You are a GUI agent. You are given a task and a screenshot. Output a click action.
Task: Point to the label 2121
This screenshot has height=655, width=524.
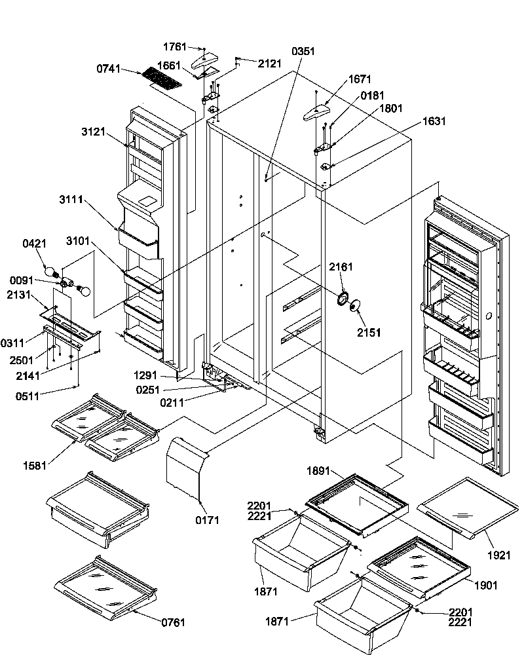point(269,64)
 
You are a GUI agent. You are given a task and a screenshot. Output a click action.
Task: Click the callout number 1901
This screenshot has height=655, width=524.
point(487,585)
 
